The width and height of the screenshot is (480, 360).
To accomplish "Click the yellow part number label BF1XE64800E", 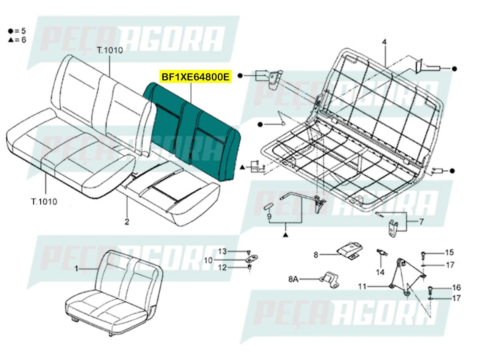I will pyautogui.click(x=196, y=77).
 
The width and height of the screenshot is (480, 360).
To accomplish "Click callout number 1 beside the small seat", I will pyautogui.click(x=77, y=269).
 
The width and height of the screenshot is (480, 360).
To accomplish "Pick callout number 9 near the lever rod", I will pyautogui.click(x=269, y=216).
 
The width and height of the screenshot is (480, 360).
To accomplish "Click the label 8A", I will pyautogui.click(x=294, y=278).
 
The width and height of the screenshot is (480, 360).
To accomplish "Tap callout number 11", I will pyautogui.click(x=362, y=286).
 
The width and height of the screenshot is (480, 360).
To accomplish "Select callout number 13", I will pyautogui.click(x=222, y=252).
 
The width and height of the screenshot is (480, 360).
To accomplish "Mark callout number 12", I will pyautogui.click(x=222, y=268).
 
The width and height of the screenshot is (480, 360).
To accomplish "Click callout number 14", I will pyautogui.click(x=380, y=272).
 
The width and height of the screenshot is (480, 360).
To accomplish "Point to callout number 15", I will pyautogui.click(x=450, y=252).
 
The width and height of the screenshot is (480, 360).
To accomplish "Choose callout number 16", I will pyautogui.click(x=456, y=287).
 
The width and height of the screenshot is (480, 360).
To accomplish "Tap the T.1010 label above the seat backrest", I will pyautogui.click(x=109, y=50).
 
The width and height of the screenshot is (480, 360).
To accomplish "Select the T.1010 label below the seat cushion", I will pyautogui.click(x=44, y=201).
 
